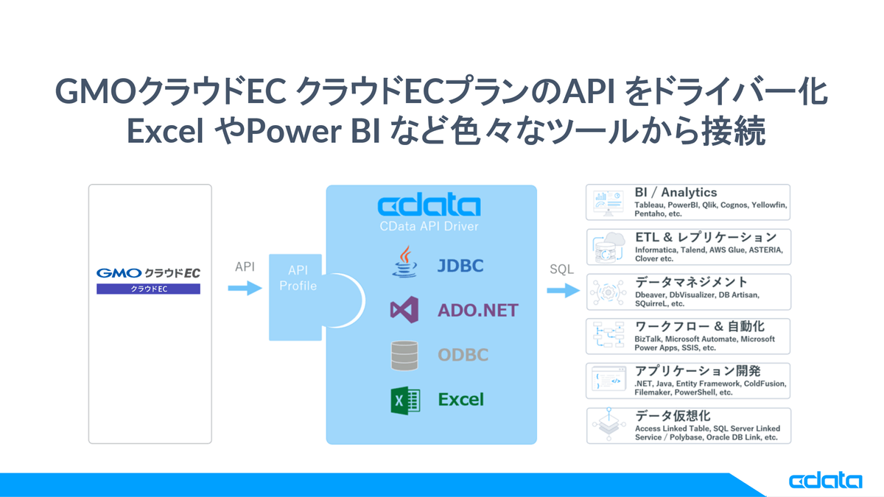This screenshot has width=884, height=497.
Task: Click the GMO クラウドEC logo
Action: tap(148, 272)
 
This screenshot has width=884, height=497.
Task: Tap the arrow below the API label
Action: tap(245, 289)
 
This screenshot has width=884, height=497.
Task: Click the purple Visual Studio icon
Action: tap(404, 310)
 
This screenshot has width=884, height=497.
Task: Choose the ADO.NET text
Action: tap(477, 310)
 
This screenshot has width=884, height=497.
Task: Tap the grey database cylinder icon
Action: tap(404, 355)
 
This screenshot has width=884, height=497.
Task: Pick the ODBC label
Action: tap(463, 355)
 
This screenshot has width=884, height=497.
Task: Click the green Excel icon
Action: tap(404, 400)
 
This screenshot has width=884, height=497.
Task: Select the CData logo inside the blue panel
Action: tap(429, 205)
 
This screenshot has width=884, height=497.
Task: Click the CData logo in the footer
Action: tap(825, 480)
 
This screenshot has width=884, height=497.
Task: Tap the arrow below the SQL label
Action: tap(563, 290)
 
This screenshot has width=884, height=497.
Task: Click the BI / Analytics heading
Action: tap(676, 193)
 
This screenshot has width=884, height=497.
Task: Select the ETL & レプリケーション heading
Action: tap(705, 238)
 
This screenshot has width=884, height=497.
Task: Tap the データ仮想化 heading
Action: tap(673, 417)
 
